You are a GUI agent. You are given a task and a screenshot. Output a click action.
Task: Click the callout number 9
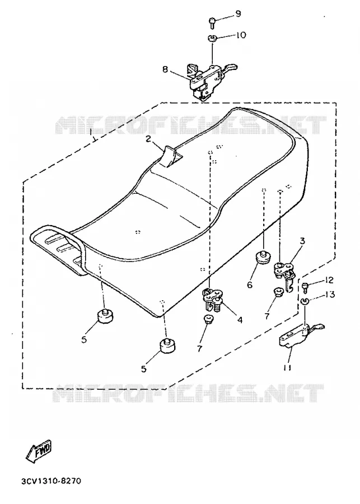point(238,14)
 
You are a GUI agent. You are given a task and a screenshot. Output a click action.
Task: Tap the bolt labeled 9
point(212,22)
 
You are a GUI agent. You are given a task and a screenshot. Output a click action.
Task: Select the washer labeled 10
point(212,38)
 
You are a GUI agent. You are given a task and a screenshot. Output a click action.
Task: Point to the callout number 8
point(165,69)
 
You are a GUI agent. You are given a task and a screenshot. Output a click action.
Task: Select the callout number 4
point(240,320)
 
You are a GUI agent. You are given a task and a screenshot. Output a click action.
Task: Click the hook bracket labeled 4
point(212,299)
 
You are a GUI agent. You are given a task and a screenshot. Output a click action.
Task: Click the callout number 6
point(250,284)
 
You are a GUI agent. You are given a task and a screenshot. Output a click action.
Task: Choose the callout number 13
point(329,295)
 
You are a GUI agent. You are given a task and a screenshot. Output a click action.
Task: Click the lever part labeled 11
point(301,335)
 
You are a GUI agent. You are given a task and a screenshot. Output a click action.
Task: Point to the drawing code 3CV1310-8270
point(52,481)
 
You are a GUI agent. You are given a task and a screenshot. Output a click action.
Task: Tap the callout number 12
point(329,281)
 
